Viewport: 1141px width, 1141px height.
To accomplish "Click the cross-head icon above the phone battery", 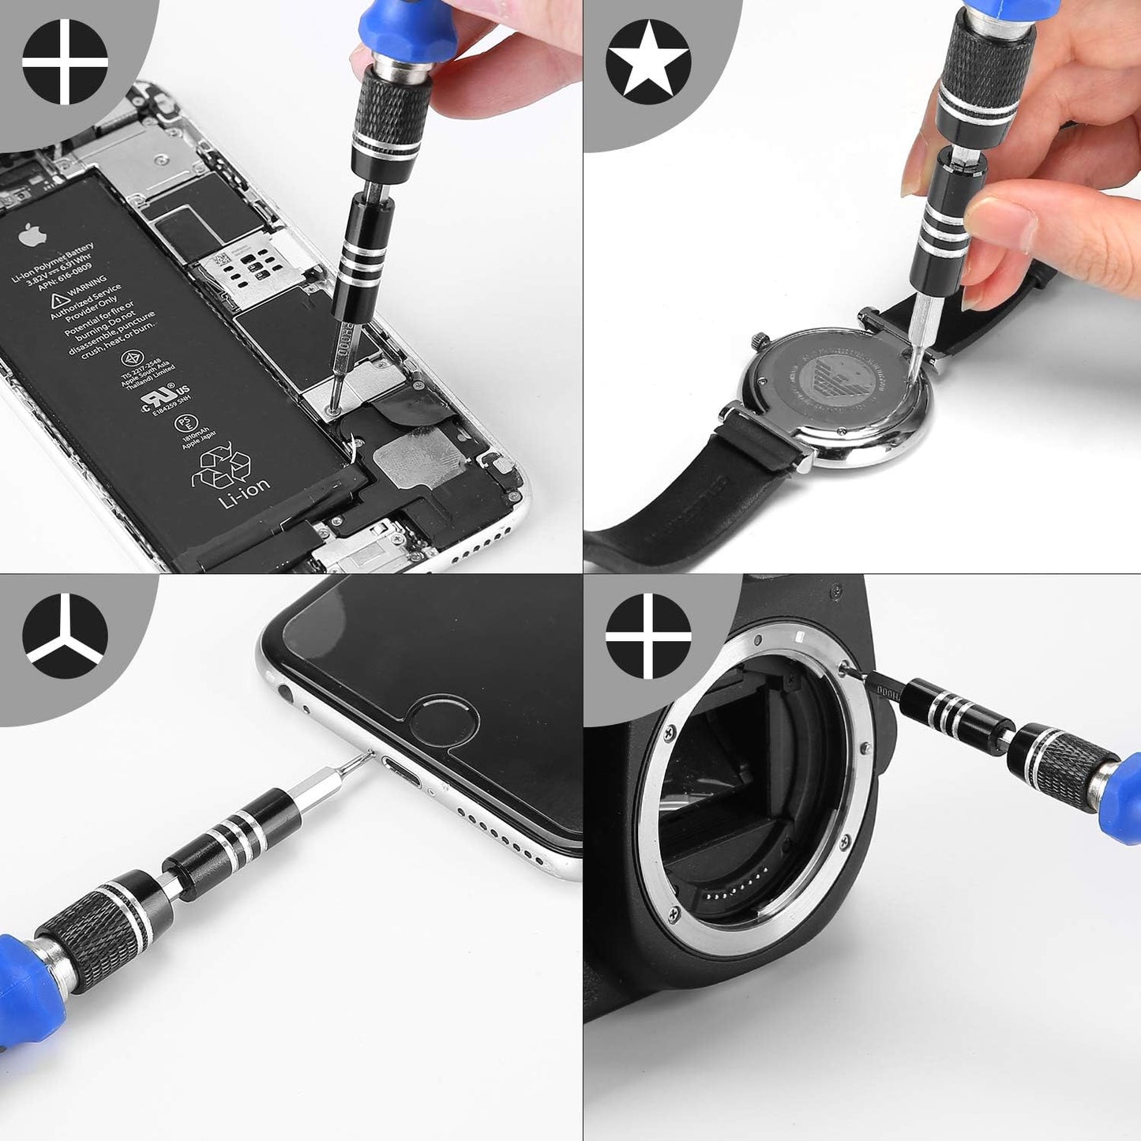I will point(65,62).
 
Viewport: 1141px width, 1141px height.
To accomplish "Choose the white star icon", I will point(648,62).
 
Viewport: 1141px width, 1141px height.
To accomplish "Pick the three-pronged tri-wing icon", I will point(65,636).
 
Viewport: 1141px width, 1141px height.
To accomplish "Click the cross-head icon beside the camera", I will point(648,636).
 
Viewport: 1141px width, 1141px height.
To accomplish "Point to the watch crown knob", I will point(760,341).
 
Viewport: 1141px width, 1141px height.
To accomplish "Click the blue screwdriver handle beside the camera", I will point(1124,798).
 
